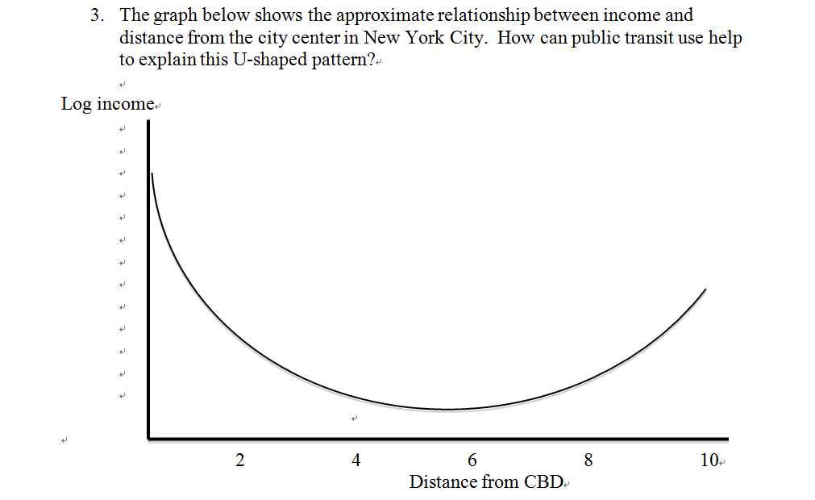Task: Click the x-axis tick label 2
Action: pos(239,461)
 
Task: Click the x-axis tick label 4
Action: pos(356,461)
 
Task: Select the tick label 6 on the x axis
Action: pos(472,461)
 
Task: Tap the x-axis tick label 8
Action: pos(588,461)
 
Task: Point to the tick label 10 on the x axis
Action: pos(709,461)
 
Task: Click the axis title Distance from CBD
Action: pos(486,482)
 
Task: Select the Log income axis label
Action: pos(106,104)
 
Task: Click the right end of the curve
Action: pos(706,289)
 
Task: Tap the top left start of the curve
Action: pos(152,173)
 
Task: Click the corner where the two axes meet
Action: pos(148,439)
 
